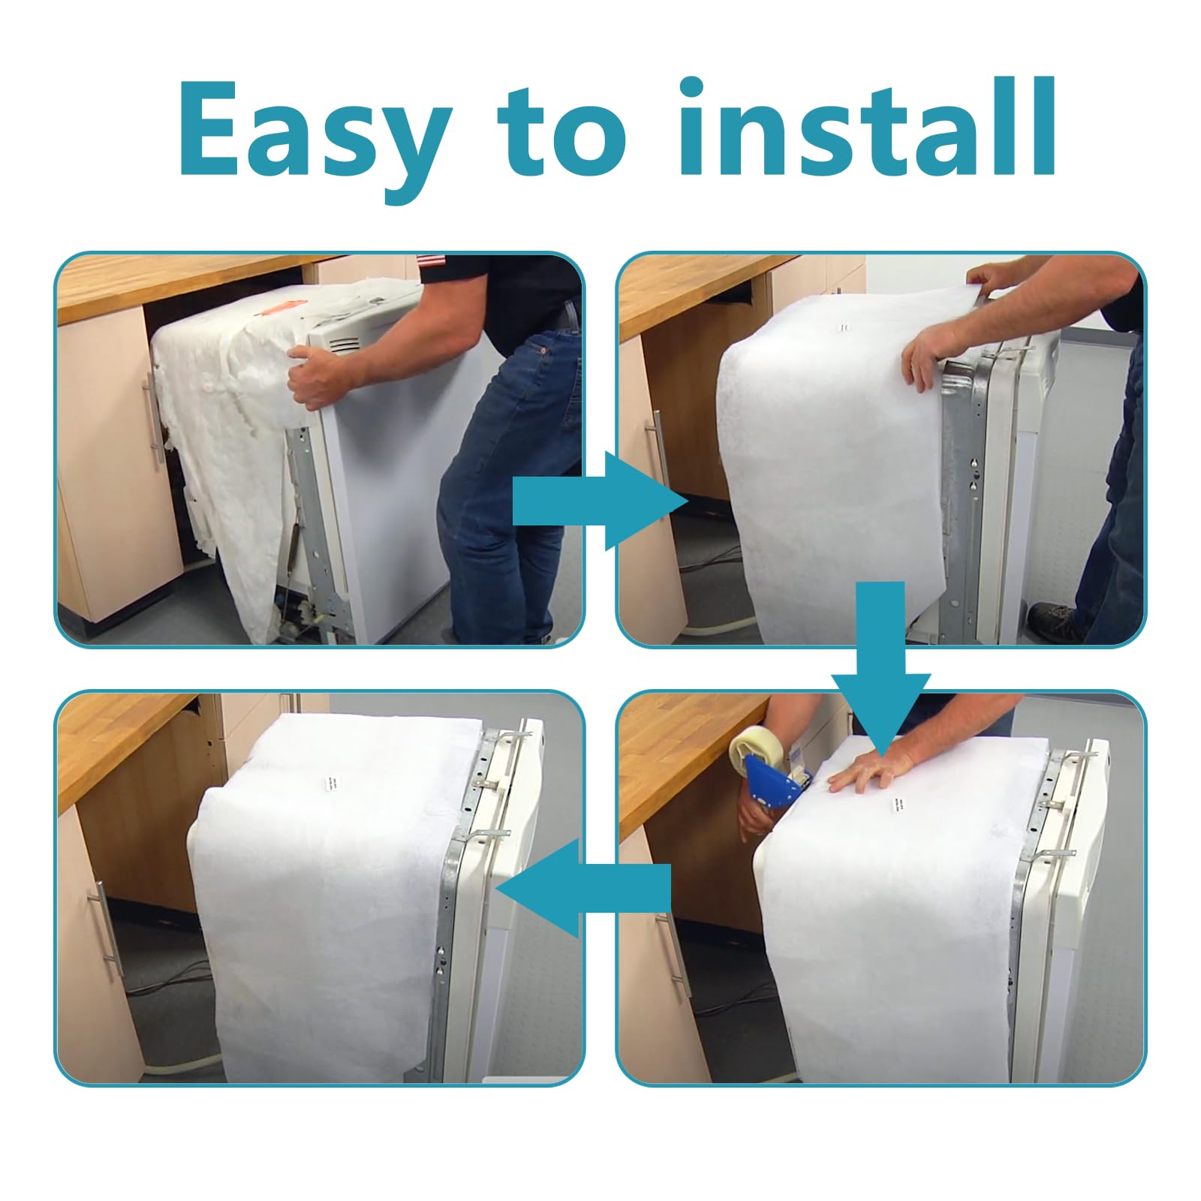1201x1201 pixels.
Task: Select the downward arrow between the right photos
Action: click(880, 660)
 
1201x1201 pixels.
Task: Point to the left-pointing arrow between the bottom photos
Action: click(582, 888)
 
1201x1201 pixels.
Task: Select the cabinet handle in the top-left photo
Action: click(153, 414)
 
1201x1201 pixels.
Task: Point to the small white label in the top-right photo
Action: click(844, 328)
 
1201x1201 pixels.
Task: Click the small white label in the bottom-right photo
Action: click(896, 805)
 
